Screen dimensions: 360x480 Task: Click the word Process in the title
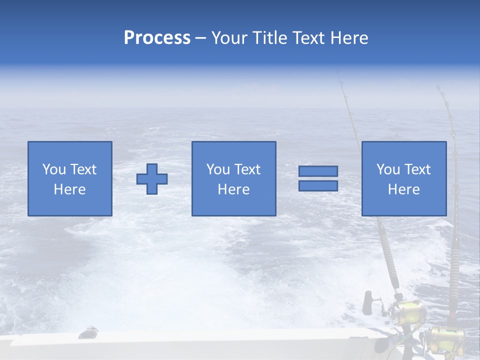coord(157,38)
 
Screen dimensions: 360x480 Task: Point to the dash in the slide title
coord(200,38)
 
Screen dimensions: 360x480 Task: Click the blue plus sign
coord(152,179)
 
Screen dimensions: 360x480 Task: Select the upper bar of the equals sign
coord(318,171)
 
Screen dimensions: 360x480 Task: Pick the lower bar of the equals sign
coord(318,185)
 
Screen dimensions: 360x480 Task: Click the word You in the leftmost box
coord(54,169)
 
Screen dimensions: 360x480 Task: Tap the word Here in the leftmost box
coord(69,189)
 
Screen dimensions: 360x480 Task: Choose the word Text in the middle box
coord(247,169)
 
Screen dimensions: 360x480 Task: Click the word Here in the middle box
coord(233,189)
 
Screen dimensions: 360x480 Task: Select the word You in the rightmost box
coord(388,169)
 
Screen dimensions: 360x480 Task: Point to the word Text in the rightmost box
coord(417,169)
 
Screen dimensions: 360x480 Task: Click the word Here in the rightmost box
coord(403,189)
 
